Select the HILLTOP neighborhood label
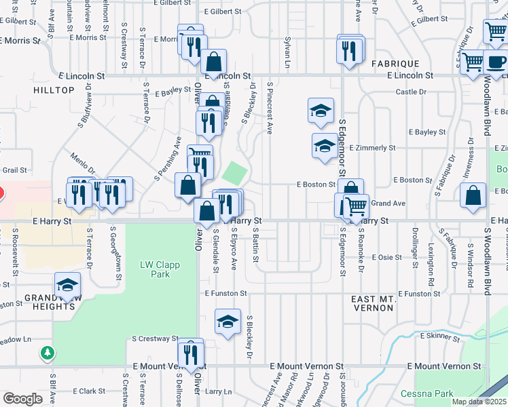tap(54, 90)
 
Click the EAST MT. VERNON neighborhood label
tap(372, 303)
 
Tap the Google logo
tap(22, 398)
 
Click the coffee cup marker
tap(496, 62)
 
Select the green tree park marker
tap(47, 353)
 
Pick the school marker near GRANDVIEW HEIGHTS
tap(68, 285)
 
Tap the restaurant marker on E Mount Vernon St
tap(191, 353)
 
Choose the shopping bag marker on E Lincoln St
tap(213, 62)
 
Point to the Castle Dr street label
tap(411, 92)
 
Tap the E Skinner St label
tap(441, 335)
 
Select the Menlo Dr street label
tap(82, 163)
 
